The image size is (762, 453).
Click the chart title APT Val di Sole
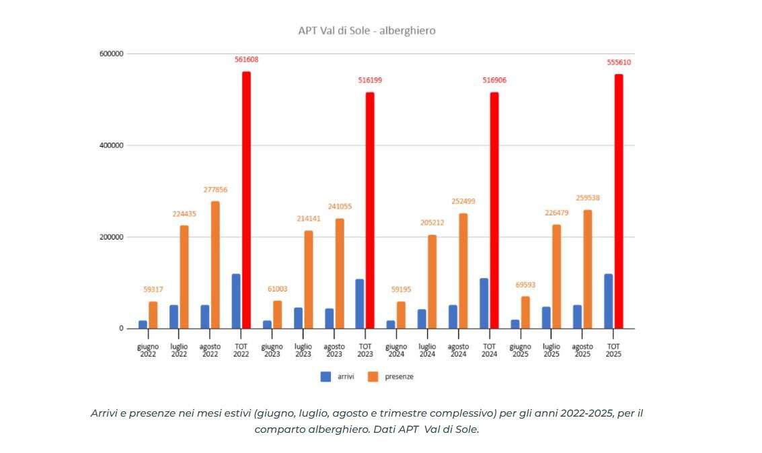[367, 30]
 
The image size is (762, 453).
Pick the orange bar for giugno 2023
[277, 314]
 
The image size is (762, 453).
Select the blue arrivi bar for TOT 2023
[360, 304]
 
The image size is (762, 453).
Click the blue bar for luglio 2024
[422, 319]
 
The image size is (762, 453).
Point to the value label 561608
[246, 59]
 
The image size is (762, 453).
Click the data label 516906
[494, 80]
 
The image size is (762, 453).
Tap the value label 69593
[525, 285]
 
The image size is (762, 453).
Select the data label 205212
[432, 223]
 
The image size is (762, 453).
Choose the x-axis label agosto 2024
[459, 351]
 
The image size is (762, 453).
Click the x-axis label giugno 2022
[148, 351]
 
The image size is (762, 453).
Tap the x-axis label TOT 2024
[490, 351]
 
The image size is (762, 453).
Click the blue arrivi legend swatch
[326, 377]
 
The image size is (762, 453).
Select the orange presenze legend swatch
[373, 377]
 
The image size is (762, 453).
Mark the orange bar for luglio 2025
[556, 276]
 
